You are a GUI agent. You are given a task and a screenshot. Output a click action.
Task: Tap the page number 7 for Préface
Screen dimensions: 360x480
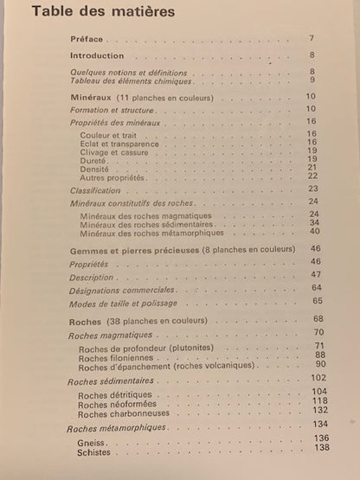312,39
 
